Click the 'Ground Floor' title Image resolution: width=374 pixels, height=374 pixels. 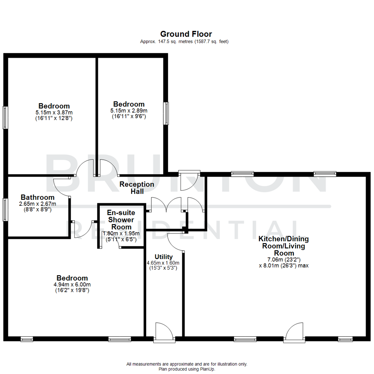186,34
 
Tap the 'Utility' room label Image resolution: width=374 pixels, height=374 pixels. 164,257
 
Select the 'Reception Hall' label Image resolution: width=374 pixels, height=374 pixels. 137,187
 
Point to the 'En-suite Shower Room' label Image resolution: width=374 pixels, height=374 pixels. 121,220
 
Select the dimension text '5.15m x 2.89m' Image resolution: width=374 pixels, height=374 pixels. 129,110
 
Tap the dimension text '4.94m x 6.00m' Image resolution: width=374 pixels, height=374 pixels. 72,285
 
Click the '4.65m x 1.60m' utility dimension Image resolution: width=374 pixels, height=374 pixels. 163,263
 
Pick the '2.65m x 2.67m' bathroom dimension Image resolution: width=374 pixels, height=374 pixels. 37,204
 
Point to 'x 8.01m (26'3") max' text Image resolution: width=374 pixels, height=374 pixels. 284,266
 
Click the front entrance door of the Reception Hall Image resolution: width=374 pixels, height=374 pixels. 189,180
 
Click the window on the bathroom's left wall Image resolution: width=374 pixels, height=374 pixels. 5,209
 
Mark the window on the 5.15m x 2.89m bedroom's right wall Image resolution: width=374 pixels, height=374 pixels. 167,113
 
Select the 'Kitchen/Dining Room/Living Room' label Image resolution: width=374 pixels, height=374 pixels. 284,246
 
